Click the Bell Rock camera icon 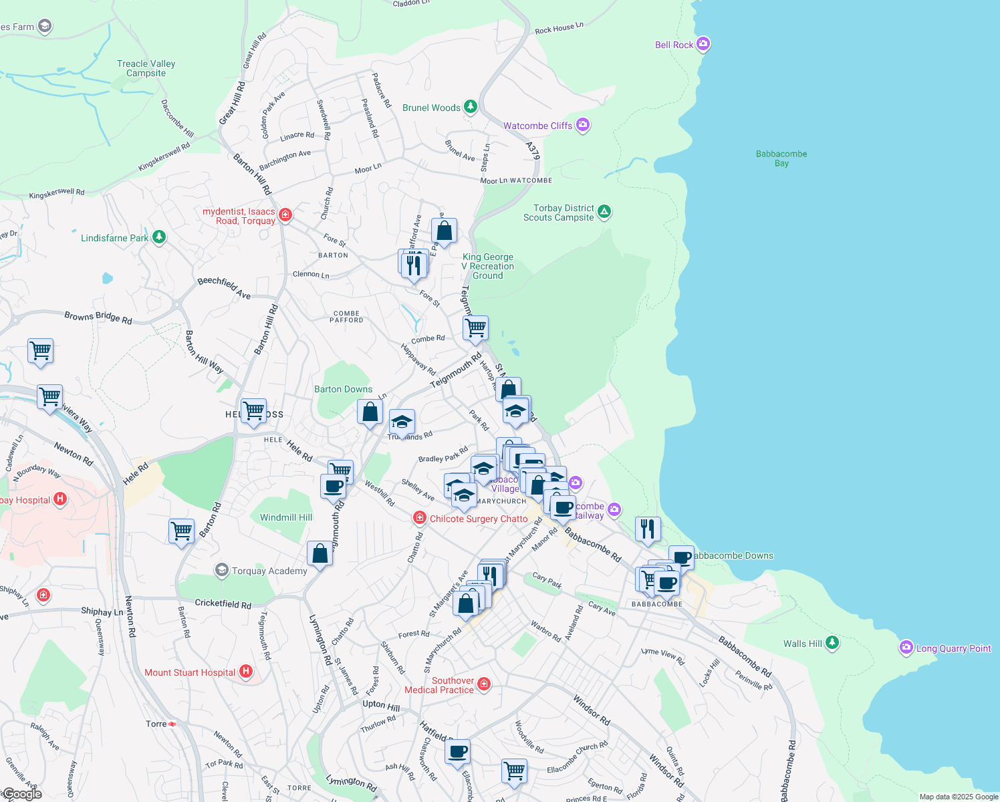coord(703,44)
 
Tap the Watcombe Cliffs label coord(537,126)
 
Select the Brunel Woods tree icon coord(471,107)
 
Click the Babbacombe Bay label coord(781,158)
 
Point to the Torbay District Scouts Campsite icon coord(604,212)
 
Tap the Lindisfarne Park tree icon coord(158,237)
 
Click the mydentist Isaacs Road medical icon coord(285,215)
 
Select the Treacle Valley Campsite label coord(146,68)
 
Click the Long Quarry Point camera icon coord(906,647)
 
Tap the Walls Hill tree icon coord(832,643)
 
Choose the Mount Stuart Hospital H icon coord(245,672)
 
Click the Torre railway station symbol coord(172,724)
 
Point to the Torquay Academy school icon coord(221,570)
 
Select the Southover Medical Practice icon coord(484,684)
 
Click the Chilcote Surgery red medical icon coord(419,518)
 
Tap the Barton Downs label coord(343,389)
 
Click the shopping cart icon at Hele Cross coord(253,411)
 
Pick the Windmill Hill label coord(286,517)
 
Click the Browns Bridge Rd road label coord(98,317)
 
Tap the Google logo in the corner coord(21,794)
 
